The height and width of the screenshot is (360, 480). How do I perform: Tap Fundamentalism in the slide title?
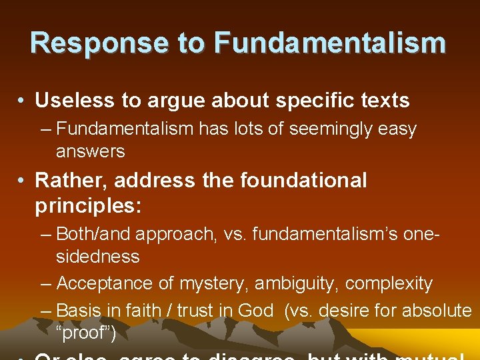(329, 43)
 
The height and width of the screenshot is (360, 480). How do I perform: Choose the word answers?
(90, 151)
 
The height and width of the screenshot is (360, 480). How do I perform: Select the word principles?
(87, 206)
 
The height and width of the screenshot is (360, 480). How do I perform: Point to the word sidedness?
(97, 257)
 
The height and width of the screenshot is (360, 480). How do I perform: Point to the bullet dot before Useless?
(22, 101)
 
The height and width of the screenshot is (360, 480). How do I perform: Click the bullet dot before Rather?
(22, 181)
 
